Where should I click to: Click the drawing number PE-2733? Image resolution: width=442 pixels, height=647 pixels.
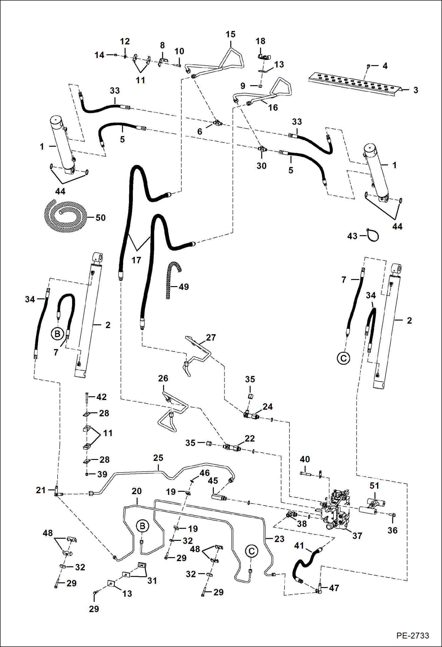click(x=412, y=635)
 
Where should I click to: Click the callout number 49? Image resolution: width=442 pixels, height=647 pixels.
click(x=184, y=287)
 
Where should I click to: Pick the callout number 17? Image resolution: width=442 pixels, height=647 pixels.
click(x=136, y=260)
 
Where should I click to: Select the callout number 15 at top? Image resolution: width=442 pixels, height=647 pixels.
click(x=230, y=34)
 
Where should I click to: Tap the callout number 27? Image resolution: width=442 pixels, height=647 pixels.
click(x=211, y=337)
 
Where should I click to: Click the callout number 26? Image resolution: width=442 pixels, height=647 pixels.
click(x=163, y=378)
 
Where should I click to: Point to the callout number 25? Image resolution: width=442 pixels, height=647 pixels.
click(x=158, y=458)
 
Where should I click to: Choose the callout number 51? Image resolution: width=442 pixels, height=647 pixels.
click(x=374, y=485)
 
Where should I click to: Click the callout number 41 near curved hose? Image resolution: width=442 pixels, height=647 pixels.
click(x=299, y=546)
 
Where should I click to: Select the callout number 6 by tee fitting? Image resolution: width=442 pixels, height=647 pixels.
click(x=200, y=132)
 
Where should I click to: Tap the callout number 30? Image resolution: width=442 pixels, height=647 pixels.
click(x=261, y=166)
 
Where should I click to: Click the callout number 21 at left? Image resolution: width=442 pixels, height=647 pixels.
click(x=41, y=490)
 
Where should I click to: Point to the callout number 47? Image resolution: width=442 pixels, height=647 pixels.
click(x=334, y=588)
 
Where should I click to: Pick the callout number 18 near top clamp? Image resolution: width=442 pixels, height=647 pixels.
click(x=260, y=41)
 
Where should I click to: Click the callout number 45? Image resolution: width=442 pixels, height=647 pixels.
click(x=213, y=481)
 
